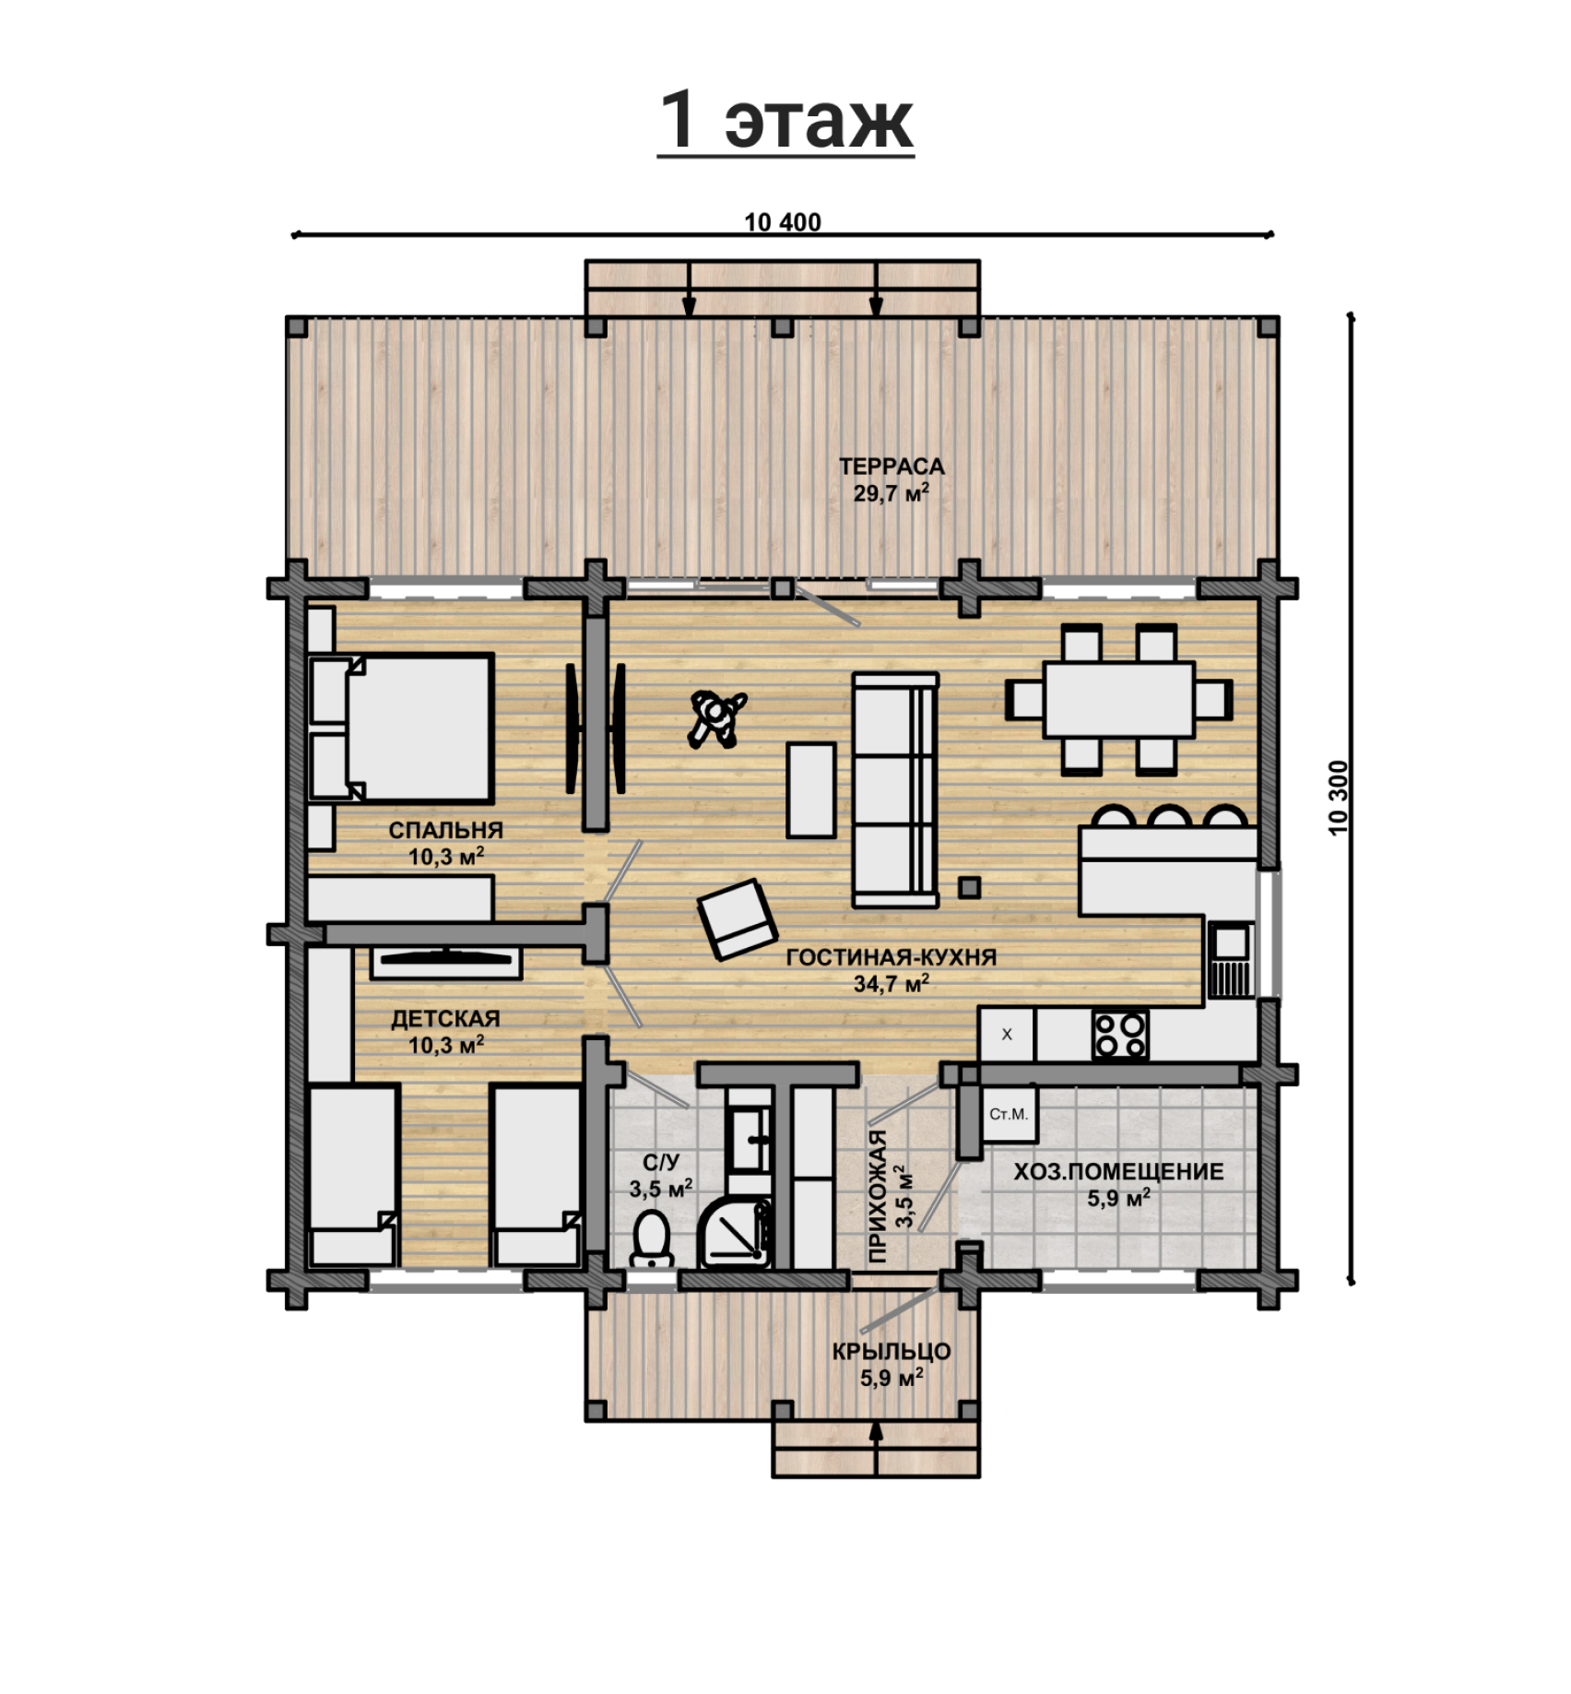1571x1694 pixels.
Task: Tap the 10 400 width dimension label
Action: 782,222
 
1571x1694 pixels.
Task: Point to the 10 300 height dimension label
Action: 1339,798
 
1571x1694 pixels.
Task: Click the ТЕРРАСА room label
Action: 892,467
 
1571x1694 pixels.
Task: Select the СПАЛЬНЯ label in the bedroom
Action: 445,830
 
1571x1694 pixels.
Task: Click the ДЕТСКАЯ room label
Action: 445,1019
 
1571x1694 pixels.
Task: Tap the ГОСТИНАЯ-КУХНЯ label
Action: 891,957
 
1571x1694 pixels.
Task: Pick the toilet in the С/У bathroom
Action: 652,1238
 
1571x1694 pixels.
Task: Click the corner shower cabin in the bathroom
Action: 734,1232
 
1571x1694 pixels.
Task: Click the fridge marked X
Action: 1007,1035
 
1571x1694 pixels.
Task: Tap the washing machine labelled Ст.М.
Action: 1009,1114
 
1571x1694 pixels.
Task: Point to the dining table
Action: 1118,699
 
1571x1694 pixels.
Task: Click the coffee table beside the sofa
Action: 811,790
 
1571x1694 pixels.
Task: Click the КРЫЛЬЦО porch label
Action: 892,1352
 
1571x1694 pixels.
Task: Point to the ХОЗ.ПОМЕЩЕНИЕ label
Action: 1118,1172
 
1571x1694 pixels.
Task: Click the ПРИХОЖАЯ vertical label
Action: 879,1195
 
